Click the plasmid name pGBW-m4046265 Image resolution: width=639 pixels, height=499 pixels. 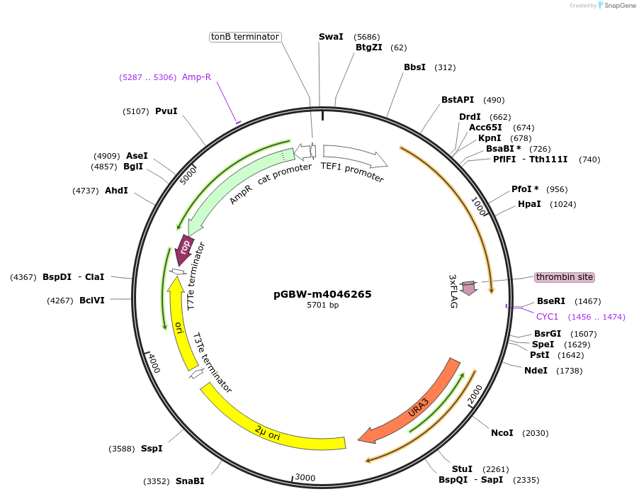[322, 294]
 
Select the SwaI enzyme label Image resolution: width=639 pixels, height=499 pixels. [331, 36]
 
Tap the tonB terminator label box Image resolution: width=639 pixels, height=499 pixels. [245, 37]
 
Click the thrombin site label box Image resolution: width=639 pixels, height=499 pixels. [565, 277]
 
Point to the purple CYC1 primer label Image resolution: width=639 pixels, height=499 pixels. [548, 317]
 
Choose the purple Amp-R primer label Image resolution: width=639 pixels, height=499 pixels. [196, 77]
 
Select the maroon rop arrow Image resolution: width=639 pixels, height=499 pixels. [185, 249]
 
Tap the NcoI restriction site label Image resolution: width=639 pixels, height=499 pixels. [502, 433]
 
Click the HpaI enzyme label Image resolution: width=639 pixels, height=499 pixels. [529, 204]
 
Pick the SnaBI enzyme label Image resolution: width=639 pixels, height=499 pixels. [190, 481]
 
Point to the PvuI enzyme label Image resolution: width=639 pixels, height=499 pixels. [166, 111]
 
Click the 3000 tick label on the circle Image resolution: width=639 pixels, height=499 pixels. [305, 478]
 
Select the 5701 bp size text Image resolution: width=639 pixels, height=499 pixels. [322, 305]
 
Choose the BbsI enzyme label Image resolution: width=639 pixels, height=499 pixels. [414, 67]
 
